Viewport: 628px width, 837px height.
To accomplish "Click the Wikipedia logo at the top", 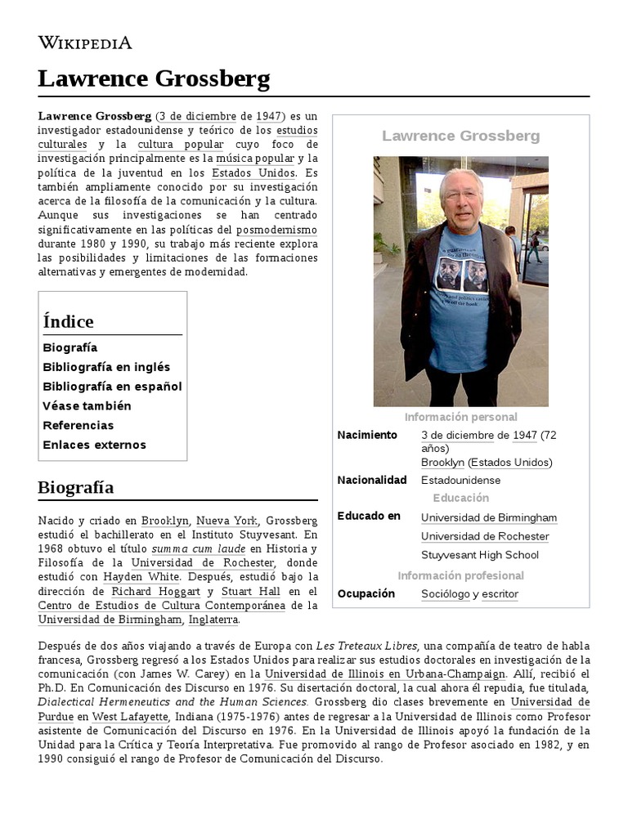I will [x=84, y=43].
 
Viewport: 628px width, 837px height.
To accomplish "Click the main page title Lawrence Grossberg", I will [x=154, y=79].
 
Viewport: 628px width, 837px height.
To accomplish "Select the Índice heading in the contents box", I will [x=68, y=321].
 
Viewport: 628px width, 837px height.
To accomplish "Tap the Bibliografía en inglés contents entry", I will [x=106, y=367].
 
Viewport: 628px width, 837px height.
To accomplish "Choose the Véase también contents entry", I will [x=87, y=405].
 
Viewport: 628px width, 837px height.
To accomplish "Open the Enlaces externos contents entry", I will [x=94, y=445].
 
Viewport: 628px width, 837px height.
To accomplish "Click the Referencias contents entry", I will [x=78, y=425].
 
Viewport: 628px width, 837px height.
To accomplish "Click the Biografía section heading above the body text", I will [x=75, y=488].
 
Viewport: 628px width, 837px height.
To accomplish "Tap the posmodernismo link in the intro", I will [x=276, y=230].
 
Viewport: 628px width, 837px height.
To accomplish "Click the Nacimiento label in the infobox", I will [x=367, y=435].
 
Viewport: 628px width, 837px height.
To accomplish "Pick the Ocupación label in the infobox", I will [x=366, y=593].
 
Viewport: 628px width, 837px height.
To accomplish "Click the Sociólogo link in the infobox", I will [x=445, y=594].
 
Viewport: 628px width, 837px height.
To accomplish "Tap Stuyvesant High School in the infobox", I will [x=480, y=555].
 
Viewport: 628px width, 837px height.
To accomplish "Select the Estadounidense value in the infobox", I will [x=460, y=480].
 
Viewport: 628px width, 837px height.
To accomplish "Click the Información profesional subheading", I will [x=460, y=575].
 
